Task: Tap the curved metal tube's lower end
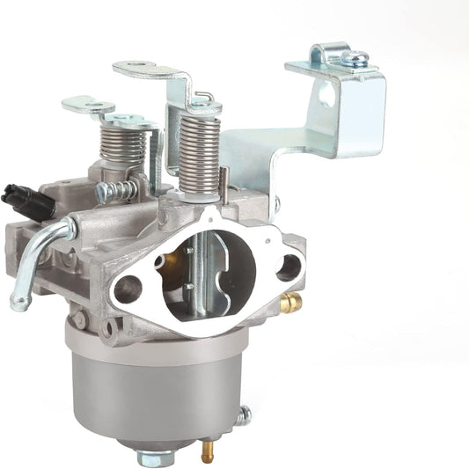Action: [18, 304]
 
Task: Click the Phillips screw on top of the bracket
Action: [356, 58]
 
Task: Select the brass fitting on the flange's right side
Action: [290, 302]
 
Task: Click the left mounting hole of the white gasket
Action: [127, 288]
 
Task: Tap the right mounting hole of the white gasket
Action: [287, 267]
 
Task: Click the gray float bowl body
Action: [154, 387]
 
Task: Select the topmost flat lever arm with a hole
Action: [145, 68]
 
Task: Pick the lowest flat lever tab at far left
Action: [86, 105]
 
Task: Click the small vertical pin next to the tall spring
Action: [224, 181]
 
